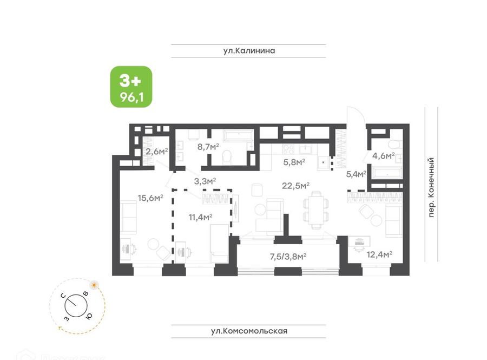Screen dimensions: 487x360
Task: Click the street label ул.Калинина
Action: (249, 51)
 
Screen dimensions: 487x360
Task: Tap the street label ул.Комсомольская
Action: (249, 331)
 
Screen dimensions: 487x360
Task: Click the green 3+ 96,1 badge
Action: (131, 87)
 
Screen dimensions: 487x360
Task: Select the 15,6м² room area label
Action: (150, 198)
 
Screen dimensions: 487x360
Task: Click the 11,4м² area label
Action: (200, 217)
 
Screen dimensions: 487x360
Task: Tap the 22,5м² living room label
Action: (295, 186)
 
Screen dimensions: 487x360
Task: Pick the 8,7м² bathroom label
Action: (208, 146)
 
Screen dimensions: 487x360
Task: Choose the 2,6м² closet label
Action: (157, 152)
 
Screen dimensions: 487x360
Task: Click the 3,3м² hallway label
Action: (205, 181)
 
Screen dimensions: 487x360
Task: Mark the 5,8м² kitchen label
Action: (294, 161)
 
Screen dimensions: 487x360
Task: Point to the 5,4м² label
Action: (356, 174)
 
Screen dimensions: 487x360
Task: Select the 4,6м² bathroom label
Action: (384, 155)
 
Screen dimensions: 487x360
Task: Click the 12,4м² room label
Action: (379, 254)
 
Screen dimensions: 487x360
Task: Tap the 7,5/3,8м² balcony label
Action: (288, 257)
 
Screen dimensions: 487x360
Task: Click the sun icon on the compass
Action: (94, 284)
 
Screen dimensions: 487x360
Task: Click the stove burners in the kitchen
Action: (288, 149)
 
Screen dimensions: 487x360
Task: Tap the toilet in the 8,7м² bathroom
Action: (227, 156)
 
